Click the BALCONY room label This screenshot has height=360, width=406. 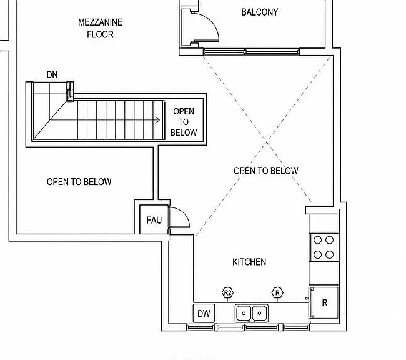(x=259, y=12)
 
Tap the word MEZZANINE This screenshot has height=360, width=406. (x=100, y=22)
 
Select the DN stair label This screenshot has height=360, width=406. (x=52, y=74)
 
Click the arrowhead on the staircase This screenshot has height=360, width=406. (x=157, y=120)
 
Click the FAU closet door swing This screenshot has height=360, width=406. (x=184, y=213)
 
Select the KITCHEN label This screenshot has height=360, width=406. (x=249, y=262)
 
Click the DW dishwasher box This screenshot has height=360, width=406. (x=204, y=314)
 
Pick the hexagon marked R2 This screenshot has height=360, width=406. (x=227, y=293)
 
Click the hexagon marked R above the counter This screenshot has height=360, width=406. (x=277, y=293)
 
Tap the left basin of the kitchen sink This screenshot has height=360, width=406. (x=244, y=313)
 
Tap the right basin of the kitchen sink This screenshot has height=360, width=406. (x=260, y=313)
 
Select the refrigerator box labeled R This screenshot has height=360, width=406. (x=324, y=302)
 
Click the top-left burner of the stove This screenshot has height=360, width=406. (x=317, y=240)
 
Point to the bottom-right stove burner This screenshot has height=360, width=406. (x=329, y=255)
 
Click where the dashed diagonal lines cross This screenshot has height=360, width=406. (x=267, y=142)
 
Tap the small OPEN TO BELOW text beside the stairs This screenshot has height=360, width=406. (x=184, y=122)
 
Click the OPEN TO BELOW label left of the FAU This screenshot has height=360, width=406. (x=79, y=182)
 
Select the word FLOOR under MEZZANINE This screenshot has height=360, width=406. (x=100, y=34)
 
